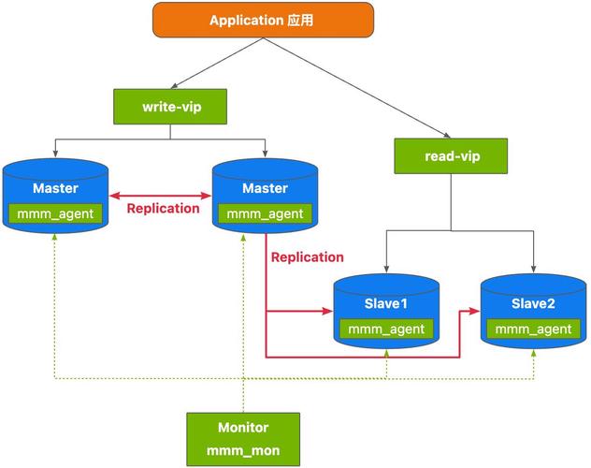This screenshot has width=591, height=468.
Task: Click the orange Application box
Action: click(x=263, y=20)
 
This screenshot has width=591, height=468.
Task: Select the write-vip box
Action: click(x=169, y=107)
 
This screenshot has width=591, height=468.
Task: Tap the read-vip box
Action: click(x=450, y=155)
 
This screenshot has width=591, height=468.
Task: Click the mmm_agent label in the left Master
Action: click(x=55, y=213)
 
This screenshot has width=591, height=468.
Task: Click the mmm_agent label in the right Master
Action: click(x=266, y=213)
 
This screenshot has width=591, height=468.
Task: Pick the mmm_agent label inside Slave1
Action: click(x=386, y=329)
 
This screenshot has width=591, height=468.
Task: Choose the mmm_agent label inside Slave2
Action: click(x=533, y=329)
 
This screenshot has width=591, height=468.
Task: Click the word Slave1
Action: click(x=386, y=303)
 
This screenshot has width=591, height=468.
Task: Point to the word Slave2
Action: click(x=533, y=303)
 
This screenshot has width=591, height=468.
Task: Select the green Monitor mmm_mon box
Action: click(x=243, y=439)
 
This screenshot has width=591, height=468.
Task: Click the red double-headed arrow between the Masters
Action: click(x=160, y=195)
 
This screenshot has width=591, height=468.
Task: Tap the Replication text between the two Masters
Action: click(x=164, y=209)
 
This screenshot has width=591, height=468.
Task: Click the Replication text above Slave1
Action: click(x=307, y=256)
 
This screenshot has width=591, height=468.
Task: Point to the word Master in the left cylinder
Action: click(x=55, y=188)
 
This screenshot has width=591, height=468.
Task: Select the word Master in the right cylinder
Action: click(x=266, y=188)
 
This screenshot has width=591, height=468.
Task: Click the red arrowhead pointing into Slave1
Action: click(x=330, y=311)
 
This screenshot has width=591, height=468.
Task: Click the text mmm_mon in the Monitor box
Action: click(x=243, y=451)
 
